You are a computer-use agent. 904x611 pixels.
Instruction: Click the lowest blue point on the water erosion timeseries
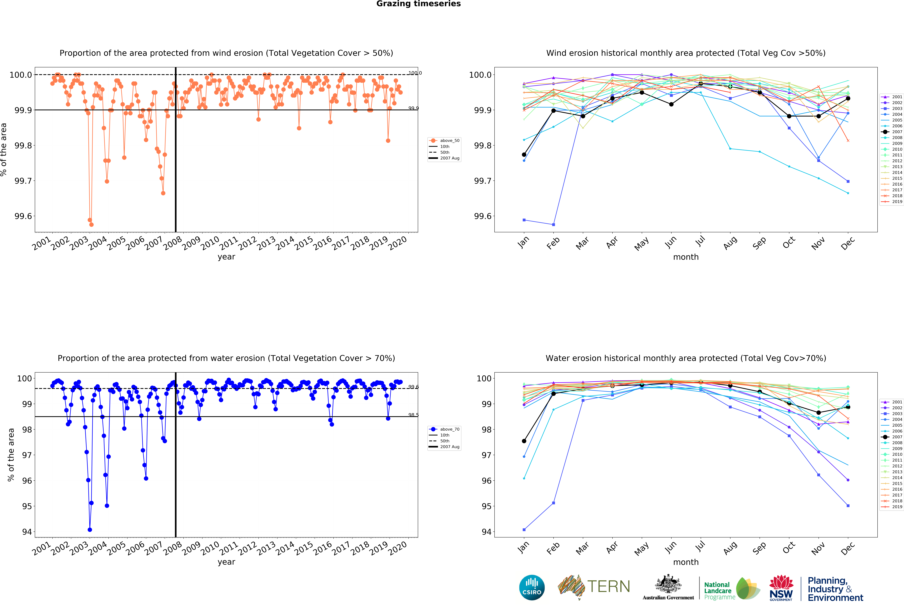click(x=90, y=530)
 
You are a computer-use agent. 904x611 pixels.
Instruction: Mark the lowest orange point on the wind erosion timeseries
click(x=91, y=225)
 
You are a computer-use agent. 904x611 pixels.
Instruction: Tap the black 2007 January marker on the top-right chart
click(x=524, y=154)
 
